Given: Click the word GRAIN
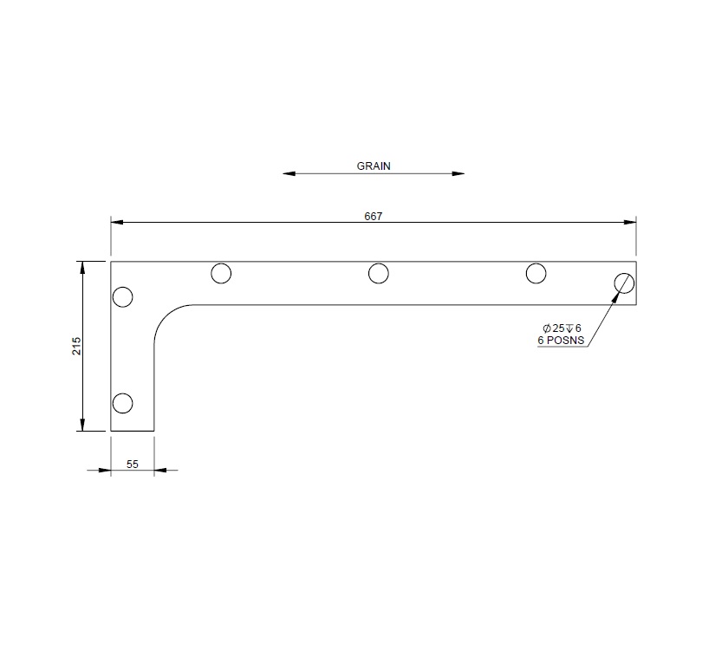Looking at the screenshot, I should tap(374, 165).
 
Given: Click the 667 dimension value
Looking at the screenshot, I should tap(374, 216).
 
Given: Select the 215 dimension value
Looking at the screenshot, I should tap(76, 346).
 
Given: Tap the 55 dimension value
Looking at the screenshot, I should tap(133, 465).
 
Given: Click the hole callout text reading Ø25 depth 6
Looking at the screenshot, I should tap(562, 328).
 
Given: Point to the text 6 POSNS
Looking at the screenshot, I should tap(562, 341).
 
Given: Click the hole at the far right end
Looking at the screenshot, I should tap(624, 283).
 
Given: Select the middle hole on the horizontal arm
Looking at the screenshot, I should tap(378, 274).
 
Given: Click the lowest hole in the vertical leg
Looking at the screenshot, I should tap(123, 403).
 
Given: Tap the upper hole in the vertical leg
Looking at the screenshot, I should tap(123, 297).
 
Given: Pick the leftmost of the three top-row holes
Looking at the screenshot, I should tap(221, 274).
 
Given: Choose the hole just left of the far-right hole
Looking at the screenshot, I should tap(536, 274).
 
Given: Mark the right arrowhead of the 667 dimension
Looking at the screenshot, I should tap(630, 223).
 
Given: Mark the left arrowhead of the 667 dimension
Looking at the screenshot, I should tap(117, 223).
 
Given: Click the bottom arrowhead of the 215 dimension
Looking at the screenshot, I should tap(83, 424).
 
